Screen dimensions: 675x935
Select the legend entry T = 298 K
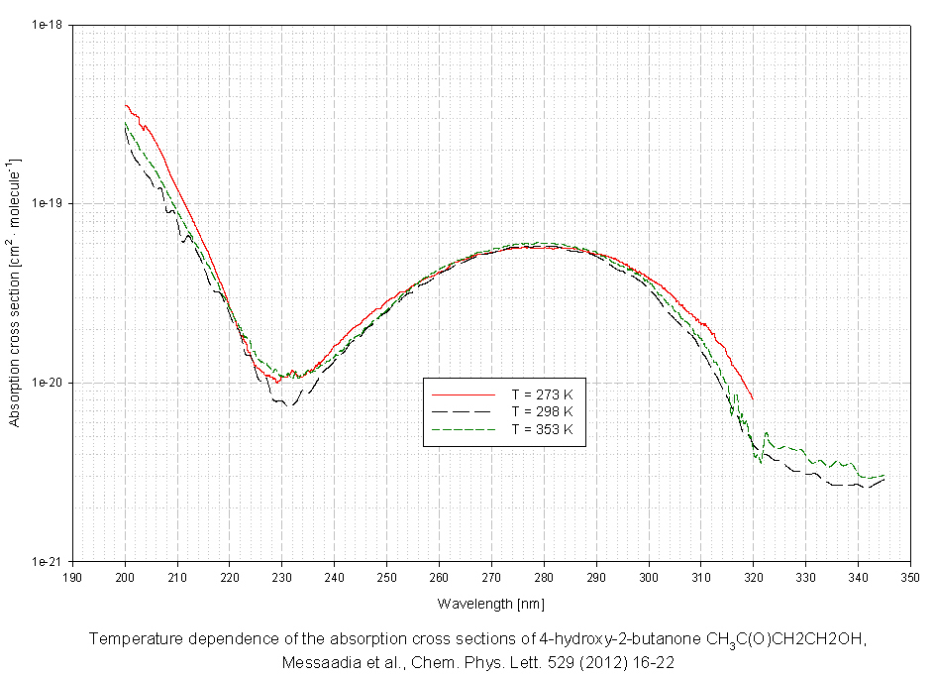(x=543, y=410)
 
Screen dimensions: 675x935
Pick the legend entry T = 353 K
(x=543, y=429)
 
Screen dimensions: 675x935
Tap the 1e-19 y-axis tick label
(x=50, y=203)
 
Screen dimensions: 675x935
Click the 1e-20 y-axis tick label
(x=50, y=383)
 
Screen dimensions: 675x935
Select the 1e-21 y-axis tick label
(x=50, y=561)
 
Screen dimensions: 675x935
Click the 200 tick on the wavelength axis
(x=125, y=575)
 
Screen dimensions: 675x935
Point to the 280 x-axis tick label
(x=544, y=575)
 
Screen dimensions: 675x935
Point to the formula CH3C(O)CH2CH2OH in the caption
(x=787, y=639)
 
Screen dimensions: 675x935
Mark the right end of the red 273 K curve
(x=753, y=398)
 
